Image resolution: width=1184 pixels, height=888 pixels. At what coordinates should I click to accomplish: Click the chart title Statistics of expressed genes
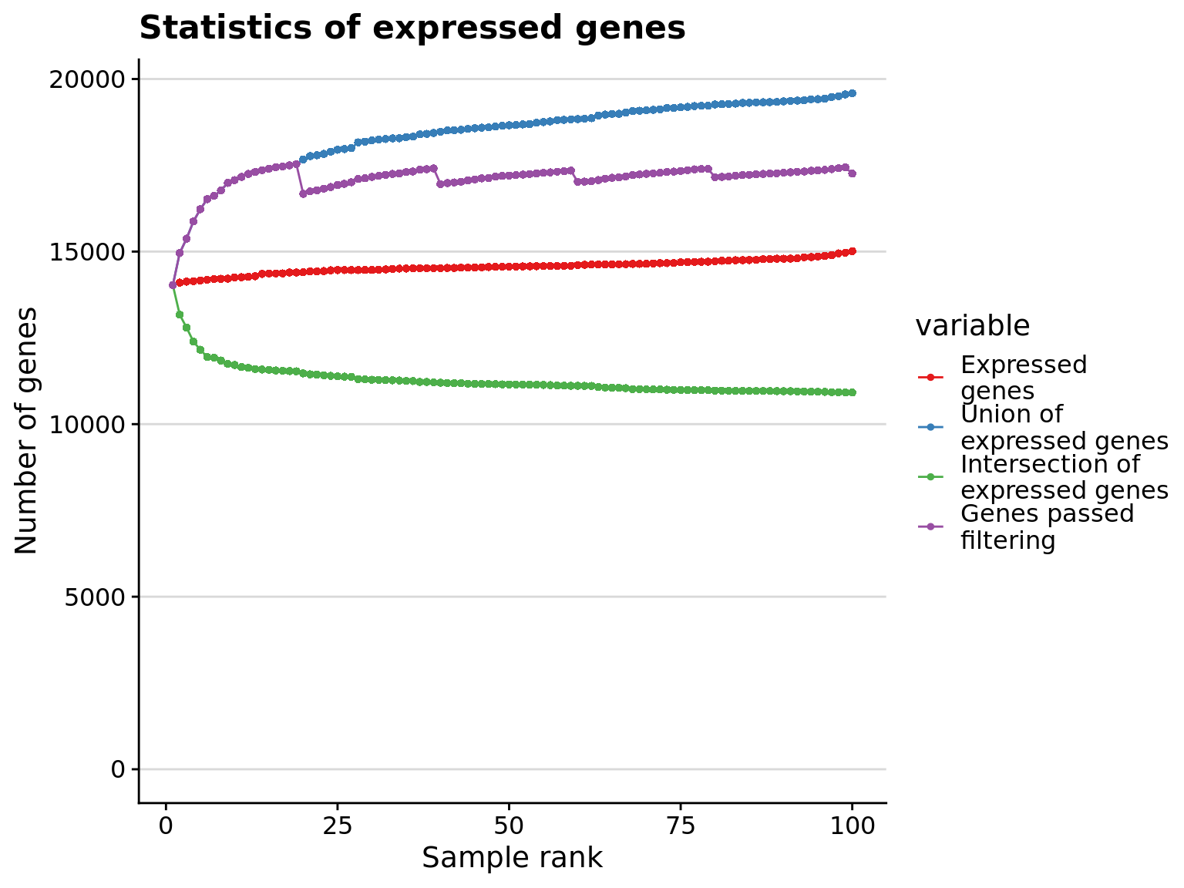pos(412,29)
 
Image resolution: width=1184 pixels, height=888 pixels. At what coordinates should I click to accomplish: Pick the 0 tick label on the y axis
pos(118,769)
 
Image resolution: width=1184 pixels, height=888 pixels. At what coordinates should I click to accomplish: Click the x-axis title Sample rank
pos(512,858)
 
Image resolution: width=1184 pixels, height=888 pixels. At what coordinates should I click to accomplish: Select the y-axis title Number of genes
pos(27,430)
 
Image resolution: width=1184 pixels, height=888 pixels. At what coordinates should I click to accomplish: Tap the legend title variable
pos(972,326)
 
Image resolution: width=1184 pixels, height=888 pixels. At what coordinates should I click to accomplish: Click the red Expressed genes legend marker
pos(930,377)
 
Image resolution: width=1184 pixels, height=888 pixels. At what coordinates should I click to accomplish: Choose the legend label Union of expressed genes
pos(1064,427)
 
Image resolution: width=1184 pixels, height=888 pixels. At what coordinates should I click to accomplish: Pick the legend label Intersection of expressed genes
pos(1064,477)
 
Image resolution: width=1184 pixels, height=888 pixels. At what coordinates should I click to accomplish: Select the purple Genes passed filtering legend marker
pos(930,526)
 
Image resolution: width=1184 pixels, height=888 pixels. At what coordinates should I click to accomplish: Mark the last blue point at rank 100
pos(852,93)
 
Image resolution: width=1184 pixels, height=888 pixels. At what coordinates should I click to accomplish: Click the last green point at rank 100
pos(852,392)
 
